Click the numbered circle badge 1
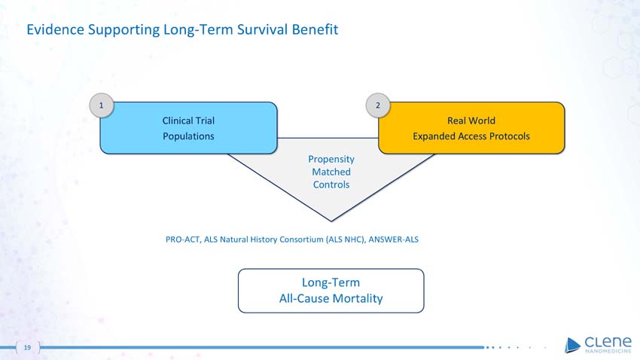coord(101,105)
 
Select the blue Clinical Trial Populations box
coord(188,128)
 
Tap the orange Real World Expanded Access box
coord(471,128)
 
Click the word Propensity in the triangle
coord(331,159)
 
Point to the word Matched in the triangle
coord(331,172)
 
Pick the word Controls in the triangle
coord(331,185)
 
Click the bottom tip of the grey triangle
coord(331,219)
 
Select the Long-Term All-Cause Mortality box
coord(331,290)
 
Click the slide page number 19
coord(27,348)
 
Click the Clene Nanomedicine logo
coord(598,343)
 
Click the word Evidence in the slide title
coord(55,30)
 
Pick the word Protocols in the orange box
coord(508,136)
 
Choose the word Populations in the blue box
coord(188,136)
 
